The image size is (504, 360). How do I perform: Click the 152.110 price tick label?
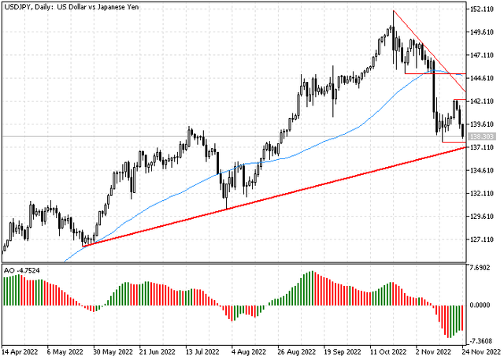click(x=484, y=9)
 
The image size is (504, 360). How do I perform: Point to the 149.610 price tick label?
click(x=484, y=32)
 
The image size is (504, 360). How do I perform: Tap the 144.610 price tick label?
click(x=484, y=78)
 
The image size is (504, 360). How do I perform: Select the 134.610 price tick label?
click(x=484, y=170)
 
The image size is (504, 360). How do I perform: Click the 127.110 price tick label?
click(x=484, y=239)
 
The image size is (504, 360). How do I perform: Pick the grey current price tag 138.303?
click(x=484, y=136)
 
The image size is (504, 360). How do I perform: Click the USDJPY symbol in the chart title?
click(x=17, y=7)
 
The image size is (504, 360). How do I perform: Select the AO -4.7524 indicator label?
click(x=23, y=271)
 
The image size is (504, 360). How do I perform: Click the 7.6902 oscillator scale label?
click(x=481, y=268)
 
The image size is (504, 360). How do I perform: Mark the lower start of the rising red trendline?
click(x=83, y=246)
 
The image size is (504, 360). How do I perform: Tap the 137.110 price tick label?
click(x=484, y=147)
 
